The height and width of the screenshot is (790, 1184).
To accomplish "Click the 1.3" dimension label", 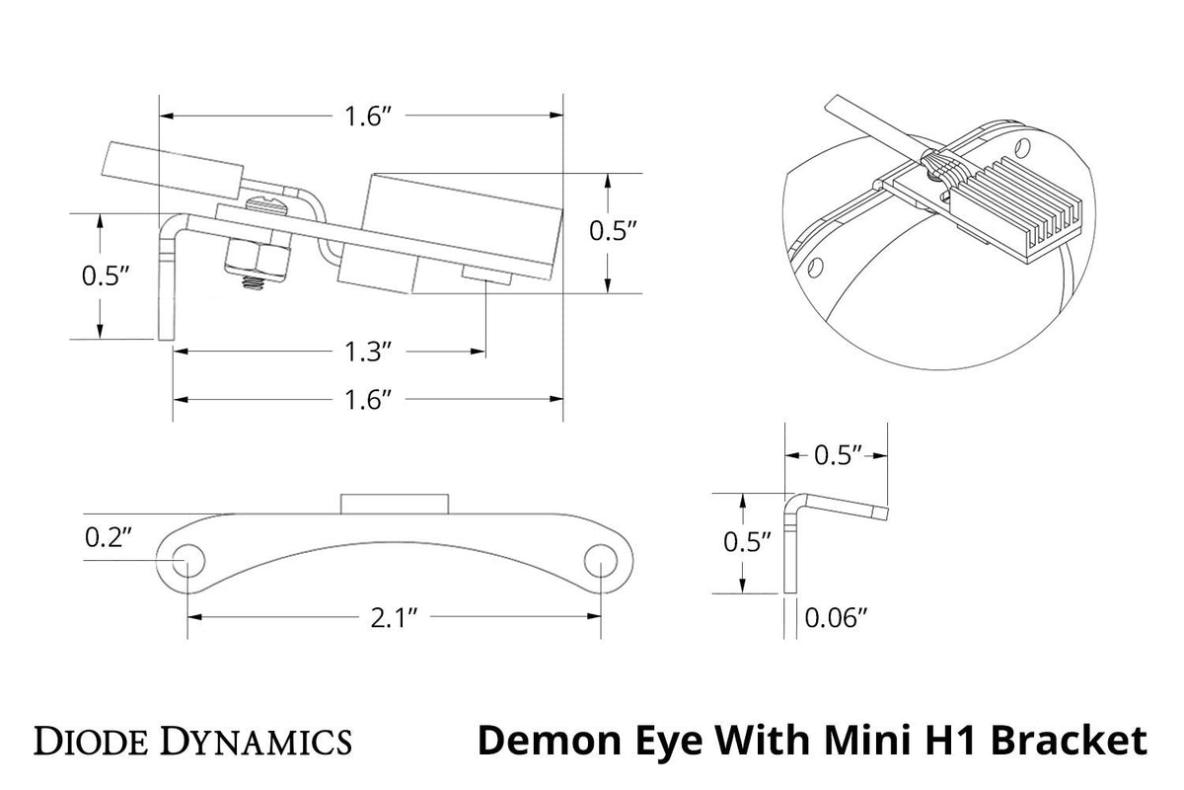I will (x=372, y=352).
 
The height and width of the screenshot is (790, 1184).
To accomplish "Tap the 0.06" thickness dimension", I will (x=836, y=618).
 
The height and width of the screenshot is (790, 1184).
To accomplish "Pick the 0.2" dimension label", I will (x=110, y=538).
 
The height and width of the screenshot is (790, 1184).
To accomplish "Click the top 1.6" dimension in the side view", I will (x=369, y=116).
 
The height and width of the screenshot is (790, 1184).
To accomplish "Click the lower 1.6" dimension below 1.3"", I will (x=369, y=399).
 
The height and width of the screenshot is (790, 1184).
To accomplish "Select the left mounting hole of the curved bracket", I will (x=184, y=562).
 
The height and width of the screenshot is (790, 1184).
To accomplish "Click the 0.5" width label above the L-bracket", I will (x=839, y=455).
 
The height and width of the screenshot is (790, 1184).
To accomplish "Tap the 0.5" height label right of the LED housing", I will (x=613, y=232).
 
